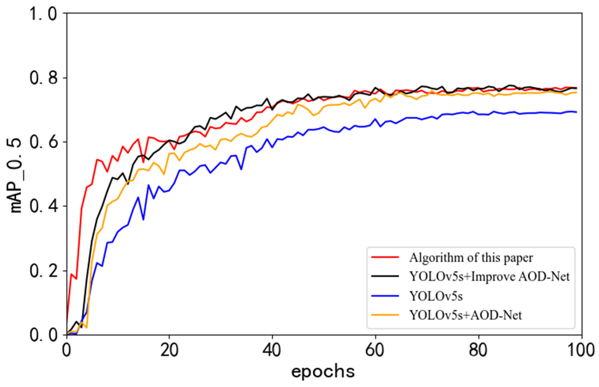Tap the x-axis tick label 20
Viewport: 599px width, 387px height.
169,350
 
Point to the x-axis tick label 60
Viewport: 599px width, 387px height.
375,350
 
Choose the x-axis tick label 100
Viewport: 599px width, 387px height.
581,350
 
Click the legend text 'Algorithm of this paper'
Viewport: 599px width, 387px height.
471,258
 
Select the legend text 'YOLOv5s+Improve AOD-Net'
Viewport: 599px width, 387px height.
489,277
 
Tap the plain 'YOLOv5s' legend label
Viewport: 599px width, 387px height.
436,296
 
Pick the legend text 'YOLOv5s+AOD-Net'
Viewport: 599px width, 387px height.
465,315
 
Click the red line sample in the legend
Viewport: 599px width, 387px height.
385,257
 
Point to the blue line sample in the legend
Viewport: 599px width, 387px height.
385,296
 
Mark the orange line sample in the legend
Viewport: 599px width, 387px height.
385,315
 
